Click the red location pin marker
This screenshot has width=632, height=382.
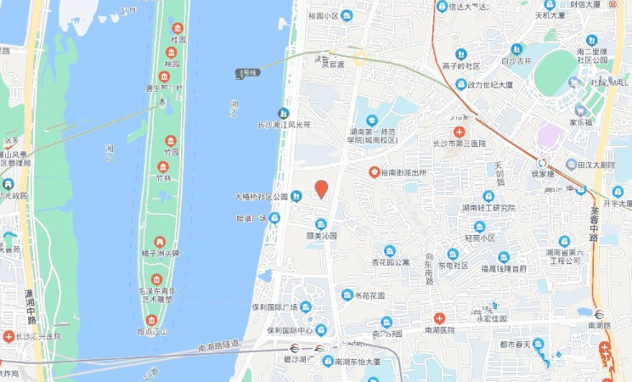(321, 188)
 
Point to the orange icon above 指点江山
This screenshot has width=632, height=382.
(151, 320)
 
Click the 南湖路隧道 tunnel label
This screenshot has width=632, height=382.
(217, 347)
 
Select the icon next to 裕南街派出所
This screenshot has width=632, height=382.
(374, 171)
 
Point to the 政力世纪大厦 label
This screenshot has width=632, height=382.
(490, 85)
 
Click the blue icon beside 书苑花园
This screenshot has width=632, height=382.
(346, 295)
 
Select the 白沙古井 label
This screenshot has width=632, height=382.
(515, 61)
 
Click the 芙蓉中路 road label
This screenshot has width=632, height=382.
(594, 226)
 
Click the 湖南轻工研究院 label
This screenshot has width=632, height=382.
(488, 208)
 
